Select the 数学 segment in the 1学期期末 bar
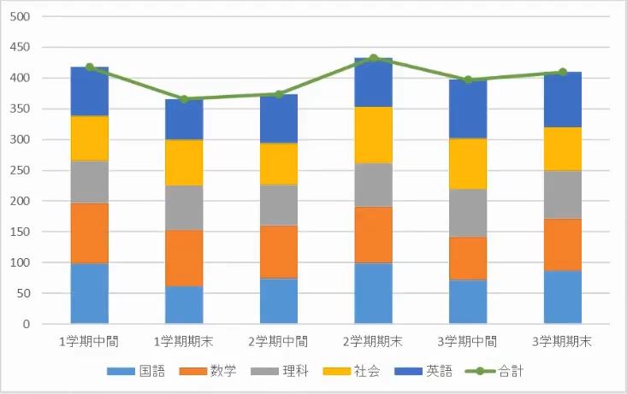(184, 257)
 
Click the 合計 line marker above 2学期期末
(373, 58)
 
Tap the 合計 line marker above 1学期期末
(184, 99)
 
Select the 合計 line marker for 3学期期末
(563, 72)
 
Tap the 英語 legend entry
(419, 371)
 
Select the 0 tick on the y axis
(27, 325)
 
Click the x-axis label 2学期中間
(279, 341)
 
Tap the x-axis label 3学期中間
(468, 341)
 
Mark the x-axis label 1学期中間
(89, 341)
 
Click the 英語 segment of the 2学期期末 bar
(373, 82)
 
